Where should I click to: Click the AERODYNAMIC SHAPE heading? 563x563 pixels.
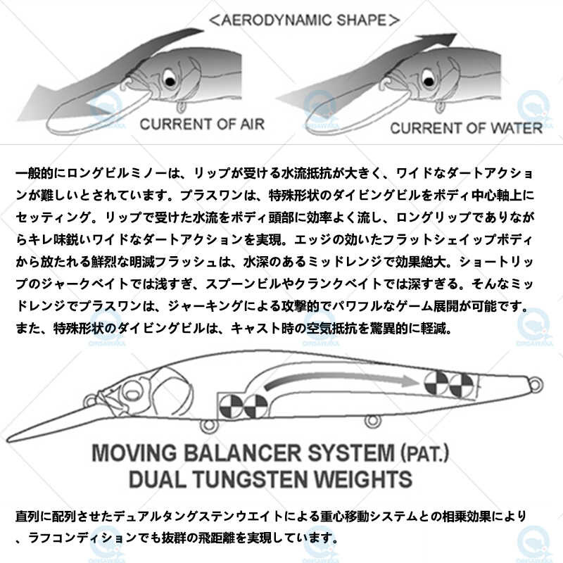tap(304, 20)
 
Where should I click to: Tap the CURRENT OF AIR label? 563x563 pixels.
tap(202, 125)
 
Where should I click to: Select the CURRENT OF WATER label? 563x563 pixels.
tap(466, 128)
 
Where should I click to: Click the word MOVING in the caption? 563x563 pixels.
tap(134, 453)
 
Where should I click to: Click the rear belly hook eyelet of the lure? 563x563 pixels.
tap(372, 422)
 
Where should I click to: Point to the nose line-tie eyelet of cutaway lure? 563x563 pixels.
tap(91, 400)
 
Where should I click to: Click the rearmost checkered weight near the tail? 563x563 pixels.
tap(462, 385)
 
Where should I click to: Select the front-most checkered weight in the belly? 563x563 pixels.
tap(231, 406)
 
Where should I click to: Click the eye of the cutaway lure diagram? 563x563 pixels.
tap(132, 393)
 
